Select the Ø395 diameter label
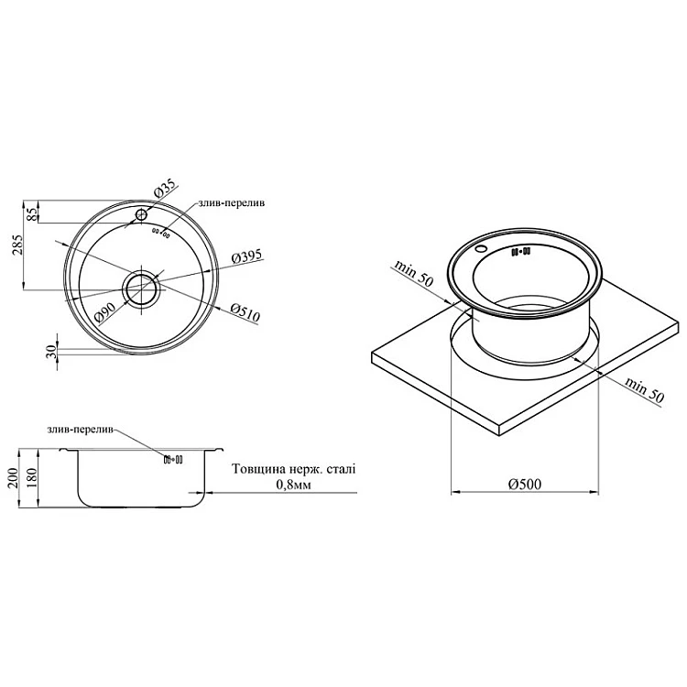(246, 256)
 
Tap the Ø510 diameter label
(245, 313)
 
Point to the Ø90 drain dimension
(104, 313)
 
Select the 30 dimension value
(51, 352)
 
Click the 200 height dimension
(13, 478)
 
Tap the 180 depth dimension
(33, 478)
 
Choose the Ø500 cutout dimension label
(525, 485)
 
